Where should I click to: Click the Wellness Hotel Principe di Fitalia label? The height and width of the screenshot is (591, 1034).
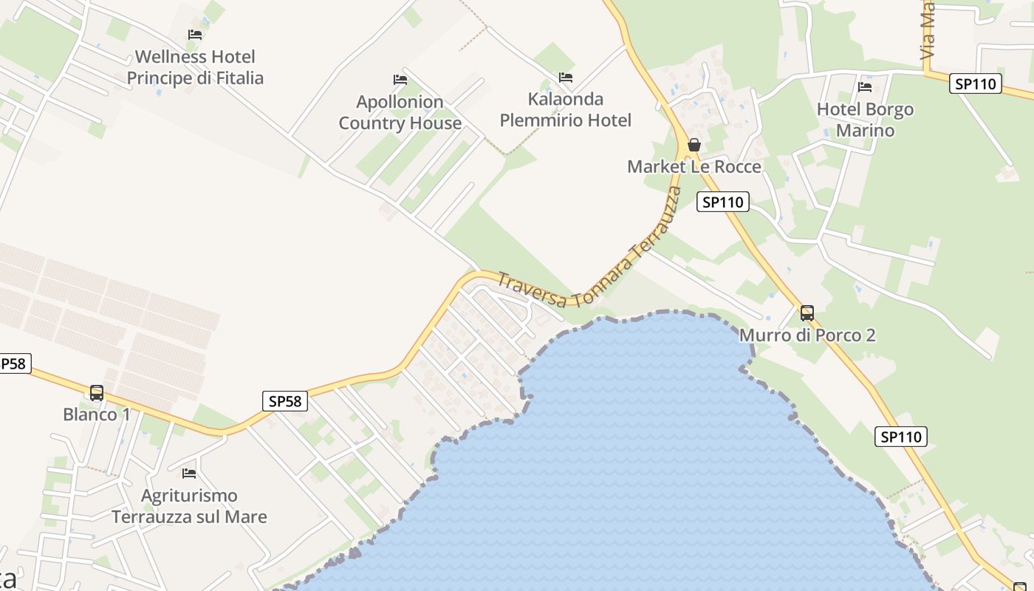[x=195, y=67]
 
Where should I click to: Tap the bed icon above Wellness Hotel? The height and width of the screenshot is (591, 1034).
[x=195, y=34]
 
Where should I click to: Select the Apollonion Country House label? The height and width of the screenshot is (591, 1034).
[x=400, y=112]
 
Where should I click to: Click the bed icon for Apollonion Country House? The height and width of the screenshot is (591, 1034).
[x=400, y=79]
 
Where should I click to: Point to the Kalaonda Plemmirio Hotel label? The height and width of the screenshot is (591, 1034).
[x=566, y=109]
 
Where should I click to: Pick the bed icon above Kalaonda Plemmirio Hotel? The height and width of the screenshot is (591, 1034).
[x=566, y=77]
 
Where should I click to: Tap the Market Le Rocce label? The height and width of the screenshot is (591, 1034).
[x=694, y=167]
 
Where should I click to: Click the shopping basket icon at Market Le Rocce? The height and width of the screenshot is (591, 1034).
[x=694, y=145]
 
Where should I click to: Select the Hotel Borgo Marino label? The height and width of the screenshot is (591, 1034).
[x=865, y=120]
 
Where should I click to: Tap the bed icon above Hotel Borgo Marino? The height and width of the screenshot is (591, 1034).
[x=865, y=87]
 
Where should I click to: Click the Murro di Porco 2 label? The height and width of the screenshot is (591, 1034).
[x=807, y=335]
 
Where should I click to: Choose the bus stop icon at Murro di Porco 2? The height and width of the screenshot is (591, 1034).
[x=807, y=312]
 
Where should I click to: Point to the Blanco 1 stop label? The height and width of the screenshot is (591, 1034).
[x=97, y=414]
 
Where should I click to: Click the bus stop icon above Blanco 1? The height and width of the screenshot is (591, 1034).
[x=97, y=392]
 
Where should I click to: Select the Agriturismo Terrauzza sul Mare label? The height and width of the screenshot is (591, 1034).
[x=189, y=506]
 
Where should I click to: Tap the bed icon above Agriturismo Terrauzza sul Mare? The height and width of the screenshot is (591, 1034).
[x=189, y=473]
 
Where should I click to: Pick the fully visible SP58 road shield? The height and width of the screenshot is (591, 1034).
[x=285, y=401]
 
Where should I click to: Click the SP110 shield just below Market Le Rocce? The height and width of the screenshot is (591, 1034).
[x=723, y=202]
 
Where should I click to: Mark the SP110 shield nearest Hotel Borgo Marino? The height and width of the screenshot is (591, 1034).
[x=976, y=83]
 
